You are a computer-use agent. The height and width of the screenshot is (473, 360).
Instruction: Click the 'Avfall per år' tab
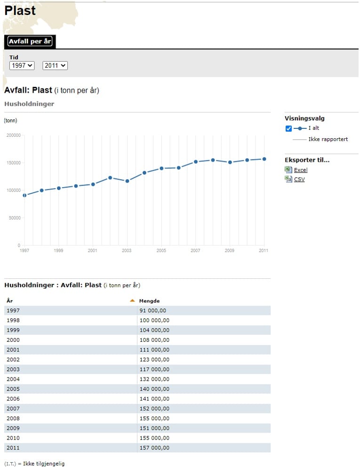pos(30,41)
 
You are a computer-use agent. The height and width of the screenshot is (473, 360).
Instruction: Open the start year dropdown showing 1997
pos(22,65)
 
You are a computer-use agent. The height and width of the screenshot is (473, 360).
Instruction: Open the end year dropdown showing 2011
pos(55,65)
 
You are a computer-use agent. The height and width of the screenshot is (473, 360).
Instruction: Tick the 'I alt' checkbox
pos(288,128)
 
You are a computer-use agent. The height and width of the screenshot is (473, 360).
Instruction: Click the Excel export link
pos(301,170)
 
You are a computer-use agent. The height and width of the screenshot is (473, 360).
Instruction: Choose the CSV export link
pos(299,179)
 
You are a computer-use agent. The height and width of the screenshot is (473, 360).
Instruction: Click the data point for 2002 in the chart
pos(110,178)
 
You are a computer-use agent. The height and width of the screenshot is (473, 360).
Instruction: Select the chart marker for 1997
pos(25,196)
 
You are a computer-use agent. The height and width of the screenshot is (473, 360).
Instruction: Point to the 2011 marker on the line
pos(264,159)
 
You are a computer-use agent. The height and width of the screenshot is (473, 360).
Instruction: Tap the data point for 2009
pos(230,162)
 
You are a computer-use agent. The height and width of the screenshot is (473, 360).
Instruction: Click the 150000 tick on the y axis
pos(14,163)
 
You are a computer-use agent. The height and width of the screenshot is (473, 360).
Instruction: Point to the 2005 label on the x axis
pos(161,251)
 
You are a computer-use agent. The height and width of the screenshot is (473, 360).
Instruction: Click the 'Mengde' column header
pos(149,301)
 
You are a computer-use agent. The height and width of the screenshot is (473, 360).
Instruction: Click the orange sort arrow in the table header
pos(132,300)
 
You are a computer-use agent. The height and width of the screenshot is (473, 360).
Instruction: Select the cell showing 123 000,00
pos(154,360)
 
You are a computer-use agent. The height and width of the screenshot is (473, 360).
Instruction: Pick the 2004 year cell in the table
pos(13,379)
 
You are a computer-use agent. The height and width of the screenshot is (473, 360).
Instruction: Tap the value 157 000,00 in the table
pos(154,448)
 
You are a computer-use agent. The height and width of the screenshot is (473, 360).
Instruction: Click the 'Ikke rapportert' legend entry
pos(328,139)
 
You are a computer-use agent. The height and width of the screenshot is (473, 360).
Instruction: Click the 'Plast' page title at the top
pos(20,10)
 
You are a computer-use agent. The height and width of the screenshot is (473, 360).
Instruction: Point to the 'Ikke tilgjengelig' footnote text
pos(44,464)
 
